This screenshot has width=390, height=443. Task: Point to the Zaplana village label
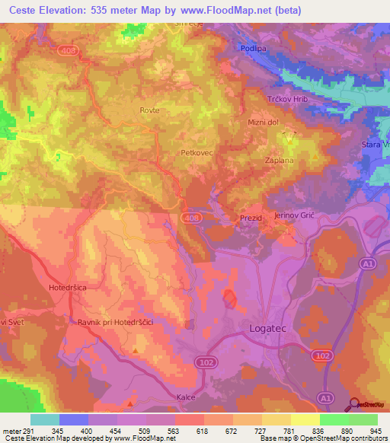click(279, 161)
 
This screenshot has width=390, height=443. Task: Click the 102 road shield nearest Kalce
click(203, 361)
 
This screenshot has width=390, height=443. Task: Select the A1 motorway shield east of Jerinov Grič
click(367, 263)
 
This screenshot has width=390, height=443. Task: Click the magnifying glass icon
click(354, 403)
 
